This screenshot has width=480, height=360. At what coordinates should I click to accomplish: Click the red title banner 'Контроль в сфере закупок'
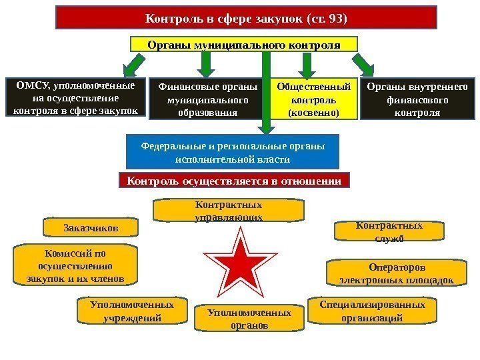tap(246, 17)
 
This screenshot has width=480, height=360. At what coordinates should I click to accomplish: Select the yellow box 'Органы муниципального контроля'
tap(243, 45)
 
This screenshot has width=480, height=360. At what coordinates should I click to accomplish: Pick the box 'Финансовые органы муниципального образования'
tap(207, 99)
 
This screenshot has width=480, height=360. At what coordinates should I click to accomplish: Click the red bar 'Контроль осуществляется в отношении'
tap(234, 181)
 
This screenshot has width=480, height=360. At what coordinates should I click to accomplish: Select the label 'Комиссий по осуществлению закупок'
tap(75, 265)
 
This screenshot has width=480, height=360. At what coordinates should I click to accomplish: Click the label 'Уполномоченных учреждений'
tap(132, 311)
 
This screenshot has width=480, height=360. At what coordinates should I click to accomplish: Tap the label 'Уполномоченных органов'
tap(249, 319)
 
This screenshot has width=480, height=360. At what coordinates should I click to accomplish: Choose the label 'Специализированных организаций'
tap(372, 311)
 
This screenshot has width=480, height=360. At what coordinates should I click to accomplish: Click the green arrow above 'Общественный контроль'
tap(307, 65)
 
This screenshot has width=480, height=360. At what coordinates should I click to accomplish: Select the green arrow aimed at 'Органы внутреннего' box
tap(363, 65)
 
